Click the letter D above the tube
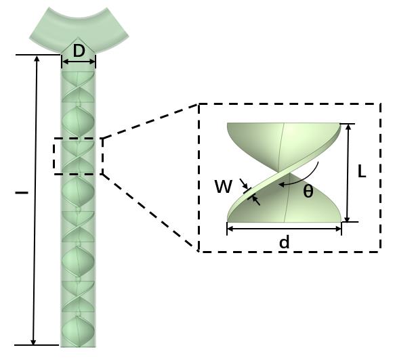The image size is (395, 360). click(x=79, y=51)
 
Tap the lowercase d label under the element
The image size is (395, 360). click(x=285, y=242)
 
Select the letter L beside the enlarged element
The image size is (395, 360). click(x=362, y=173)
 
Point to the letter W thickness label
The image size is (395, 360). click(x=223, y=187)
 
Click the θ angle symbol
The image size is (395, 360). click(x=308, y=192)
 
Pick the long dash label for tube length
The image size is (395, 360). click(x=22, y=193)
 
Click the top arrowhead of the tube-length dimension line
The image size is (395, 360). click(x=37, y=58)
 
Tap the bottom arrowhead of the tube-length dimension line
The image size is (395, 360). click(x=33, y=342)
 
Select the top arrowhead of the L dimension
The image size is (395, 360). click(x=348, y=127)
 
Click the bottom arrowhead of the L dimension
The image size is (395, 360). click(x=347, y=219)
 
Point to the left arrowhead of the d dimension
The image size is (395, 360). click(x=230, y=229)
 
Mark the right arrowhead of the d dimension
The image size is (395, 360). click(x=338, y=229)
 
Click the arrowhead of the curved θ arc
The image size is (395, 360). click(x=281, y=185)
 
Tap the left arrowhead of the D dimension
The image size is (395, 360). click(x=65, y=62)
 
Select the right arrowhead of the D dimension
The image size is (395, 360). click(x=93, y=62)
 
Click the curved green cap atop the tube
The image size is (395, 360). click(x=79, y=29)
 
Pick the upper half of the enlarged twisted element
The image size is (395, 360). click(x=284, y=146)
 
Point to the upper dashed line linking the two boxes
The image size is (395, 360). click(x=150, y=121)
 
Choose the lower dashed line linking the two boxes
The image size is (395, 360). click(x=150, y=212)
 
